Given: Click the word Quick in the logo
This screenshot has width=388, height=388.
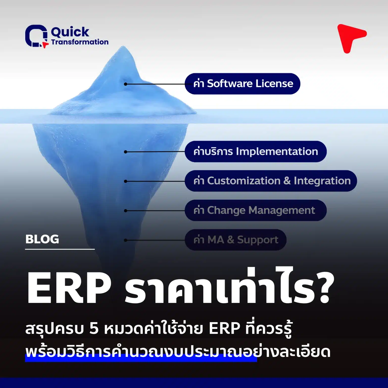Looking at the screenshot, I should tap(70, 32).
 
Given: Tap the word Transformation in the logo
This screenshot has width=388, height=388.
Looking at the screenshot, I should tap(80, 42).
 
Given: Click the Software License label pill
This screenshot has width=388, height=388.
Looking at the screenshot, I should tap(243, 84).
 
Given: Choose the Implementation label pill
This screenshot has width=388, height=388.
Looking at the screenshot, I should tap(256, 152).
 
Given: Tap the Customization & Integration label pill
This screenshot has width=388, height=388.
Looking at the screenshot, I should tap(271, 181).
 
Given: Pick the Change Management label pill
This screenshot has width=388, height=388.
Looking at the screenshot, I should tap(256, 210).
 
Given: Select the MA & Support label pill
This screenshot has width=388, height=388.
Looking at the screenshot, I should tap(235, 240).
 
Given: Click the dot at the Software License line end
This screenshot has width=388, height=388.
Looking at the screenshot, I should tap(126, 84).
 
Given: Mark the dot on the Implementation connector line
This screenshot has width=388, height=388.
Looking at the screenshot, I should tap(126, 152).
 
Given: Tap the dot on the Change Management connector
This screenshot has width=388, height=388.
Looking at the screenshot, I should tap(126, 211).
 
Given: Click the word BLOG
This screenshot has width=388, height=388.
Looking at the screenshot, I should tap(42, 239).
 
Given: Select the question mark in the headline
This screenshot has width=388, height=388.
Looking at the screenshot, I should tap(325, 288).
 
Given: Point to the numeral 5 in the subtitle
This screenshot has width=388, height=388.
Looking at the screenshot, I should tap(94, 328).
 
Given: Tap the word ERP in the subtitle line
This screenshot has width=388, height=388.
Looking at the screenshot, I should tap(224, 328).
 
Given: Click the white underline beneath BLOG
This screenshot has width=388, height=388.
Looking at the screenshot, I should tap(60, 249).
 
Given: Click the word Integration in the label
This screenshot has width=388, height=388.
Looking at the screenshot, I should tap(322, 181).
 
